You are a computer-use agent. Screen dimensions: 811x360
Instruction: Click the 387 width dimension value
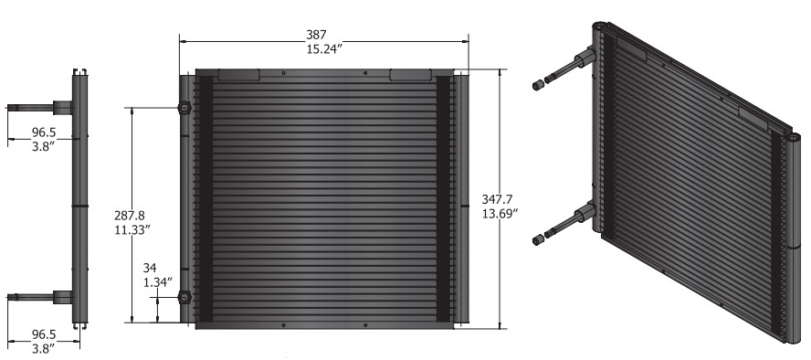pos(316,35)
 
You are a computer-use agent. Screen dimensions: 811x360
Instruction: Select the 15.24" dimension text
pos(325,49)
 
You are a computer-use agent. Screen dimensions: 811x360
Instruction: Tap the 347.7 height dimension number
pos(497,199)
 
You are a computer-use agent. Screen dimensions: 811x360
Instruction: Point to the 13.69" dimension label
pos(500,214)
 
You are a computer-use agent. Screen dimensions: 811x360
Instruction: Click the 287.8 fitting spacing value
pos(130,215)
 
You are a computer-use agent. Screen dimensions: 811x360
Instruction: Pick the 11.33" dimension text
pos(132,229)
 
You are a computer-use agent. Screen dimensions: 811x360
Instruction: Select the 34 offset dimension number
pos(150,268)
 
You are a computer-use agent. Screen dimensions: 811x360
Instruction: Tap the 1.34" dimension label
pos(157,282)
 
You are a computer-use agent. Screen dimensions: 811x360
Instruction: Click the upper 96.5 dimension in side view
pos(44,132)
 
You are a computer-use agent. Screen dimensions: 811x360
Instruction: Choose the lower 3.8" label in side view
pos(44,349)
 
